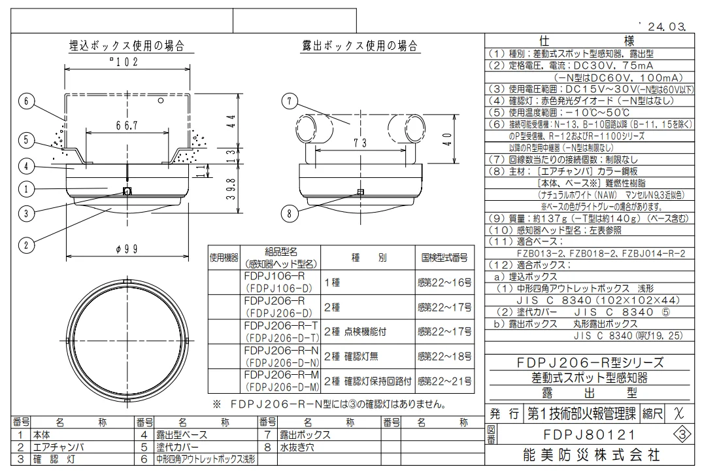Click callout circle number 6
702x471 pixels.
click(x=26, y=101)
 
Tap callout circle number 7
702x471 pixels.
click(x=290, y=101)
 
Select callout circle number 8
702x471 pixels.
click(x=290, y=213)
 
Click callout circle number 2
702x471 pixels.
click(x=26, y=245)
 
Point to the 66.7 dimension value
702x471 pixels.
click(x=127, y=126)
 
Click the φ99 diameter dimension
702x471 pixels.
click(x=127, y=249)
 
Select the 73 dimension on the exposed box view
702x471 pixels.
click(x=360, y=143)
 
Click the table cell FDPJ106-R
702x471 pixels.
click(x=275, y=276)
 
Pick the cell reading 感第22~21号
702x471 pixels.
click(x=444, y=381)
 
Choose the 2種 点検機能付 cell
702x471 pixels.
click(x=355, y=332)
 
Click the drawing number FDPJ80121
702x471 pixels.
click(x=590, y=435)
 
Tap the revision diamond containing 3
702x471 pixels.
click(x=682, y=435)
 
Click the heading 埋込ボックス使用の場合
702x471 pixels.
click(x=127, y=46)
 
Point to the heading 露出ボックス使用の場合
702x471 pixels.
click(x=360, y=46)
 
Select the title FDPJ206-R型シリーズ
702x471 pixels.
click(x=590, y=362)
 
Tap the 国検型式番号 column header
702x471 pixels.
click(x=444, y=258)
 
